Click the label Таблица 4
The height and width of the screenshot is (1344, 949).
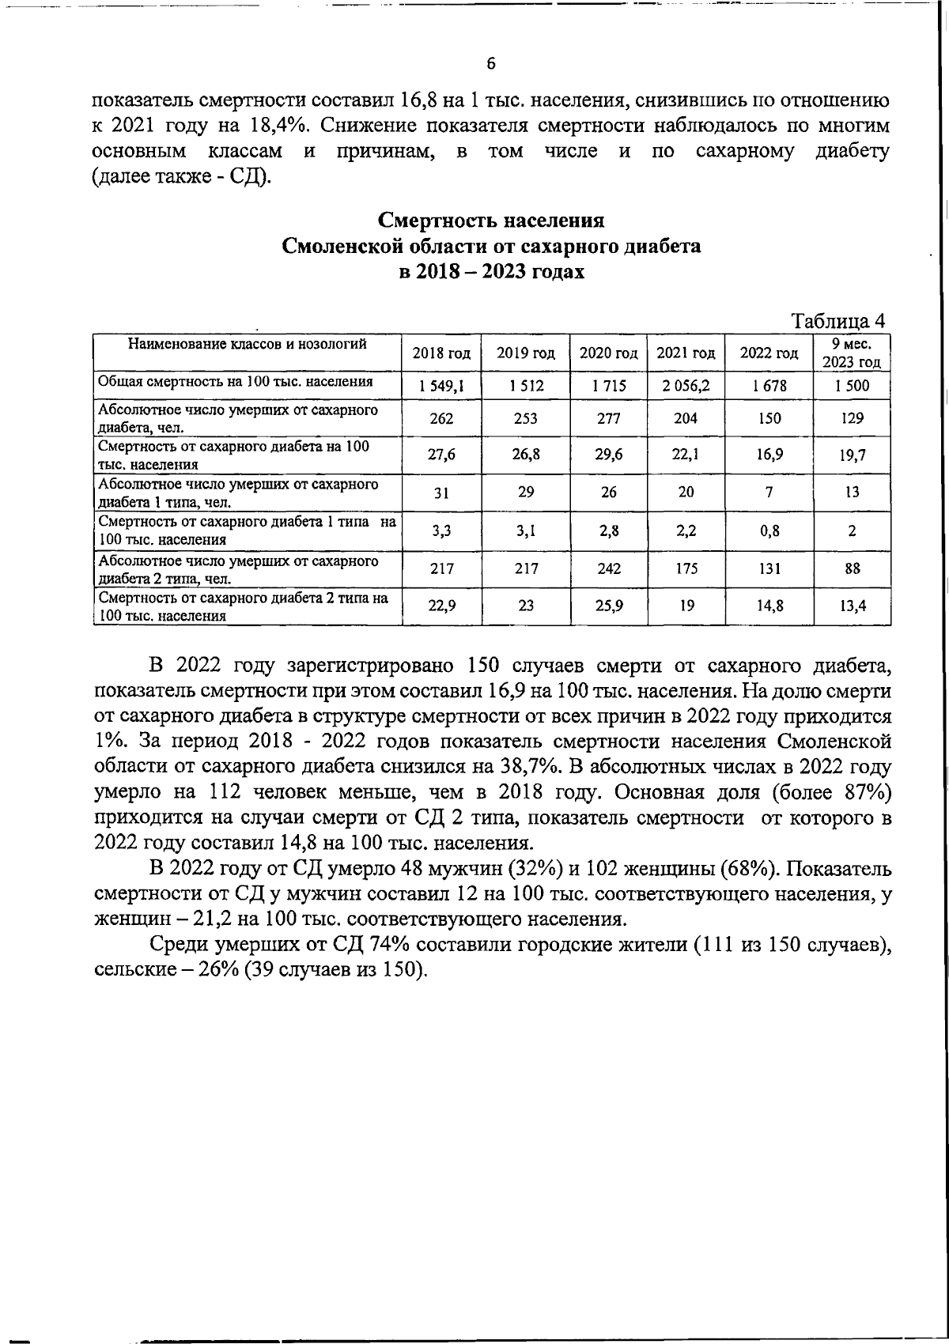click(838, 321)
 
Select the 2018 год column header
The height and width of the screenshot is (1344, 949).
click(441, 353)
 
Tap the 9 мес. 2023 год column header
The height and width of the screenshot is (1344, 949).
click(852, 353)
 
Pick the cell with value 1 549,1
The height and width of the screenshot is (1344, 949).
click(441, 386)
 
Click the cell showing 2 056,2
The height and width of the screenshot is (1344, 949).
click(686, 386)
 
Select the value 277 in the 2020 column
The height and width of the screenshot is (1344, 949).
click(608, 419)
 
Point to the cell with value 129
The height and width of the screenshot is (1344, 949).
click(852, 419)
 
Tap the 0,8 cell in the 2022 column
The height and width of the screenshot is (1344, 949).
click(769, 531)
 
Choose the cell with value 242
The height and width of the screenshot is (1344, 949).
click(608, 568)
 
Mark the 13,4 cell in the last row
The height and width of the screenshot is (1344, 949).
click(852, 606)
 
